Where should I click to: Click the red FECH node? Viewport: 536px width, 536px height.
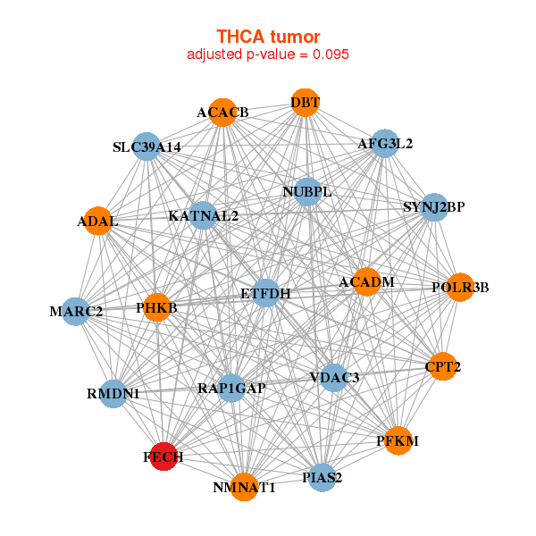click(163, 456)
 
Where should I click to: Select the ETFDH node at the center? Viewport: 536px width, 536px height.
click(266, 292)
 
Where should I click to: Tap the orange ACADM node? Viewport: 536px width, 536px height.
click(366, 282)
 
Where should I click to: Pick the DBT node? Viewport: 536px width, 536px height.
click(305, 102)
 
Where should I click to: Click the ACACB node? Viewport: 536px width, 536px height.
click(222, 113)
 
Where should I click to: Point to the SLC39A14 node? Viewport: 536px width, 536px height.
click(147, 147)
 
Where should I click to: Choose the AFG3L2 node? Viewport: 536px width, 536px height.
click(384, 143)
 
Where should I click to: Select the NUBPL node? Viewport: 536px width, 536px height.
click(307, 192)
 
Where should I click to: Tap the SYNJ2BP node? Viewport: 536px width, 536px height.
click(434, 208)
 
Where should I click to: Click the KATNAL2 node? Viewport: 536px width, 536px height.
click(204, 215)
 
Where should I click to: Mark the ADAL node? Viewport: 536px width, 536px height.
click(97, 221)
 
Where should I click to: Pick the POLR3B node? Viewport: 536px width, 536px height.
click(460, 287)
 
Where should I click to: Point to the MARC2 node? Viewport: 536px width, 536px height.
click(76, 312)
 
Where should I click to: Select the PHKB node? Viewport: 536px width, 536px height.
click(157, 307)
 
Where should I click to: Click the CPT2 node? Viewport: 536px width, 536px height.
click(443, 366)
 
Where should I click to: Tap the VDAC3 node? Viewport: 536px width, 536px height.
click(333, 378)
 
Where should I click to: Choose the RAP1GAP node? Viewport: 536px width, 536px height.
click(231, 388)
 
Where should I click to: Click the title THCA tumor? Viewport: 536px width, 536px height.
click(268, 36)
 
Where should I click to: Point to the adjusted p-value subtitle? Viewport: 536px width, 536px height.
click(268, 54)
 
